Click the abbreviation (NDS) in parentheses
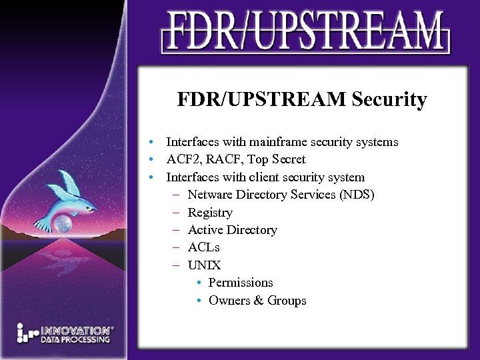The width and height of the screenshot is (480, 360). (357, 195)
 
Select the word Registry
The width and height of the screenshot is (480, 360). (210, 213)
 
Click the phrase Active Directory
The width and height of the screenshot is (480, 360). (232, 230)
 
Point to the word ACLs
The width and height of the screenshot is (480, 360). (204, 247)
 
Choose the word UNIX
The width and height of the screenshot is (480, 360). (205, 265)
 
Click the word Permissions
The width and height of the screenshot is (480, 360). (241, 283)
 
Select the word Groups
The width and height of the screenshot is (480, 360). (287, 301)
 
